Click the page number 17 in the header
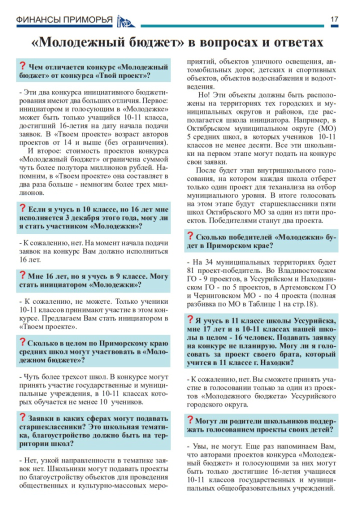coord(334,19)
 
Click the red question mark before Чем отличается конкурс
coord(22,66)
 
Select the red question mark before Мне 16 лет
coord(22,274)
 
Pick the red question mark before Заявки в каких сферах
coord(22,417)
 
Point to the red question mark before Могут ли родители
coord(190,419)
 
